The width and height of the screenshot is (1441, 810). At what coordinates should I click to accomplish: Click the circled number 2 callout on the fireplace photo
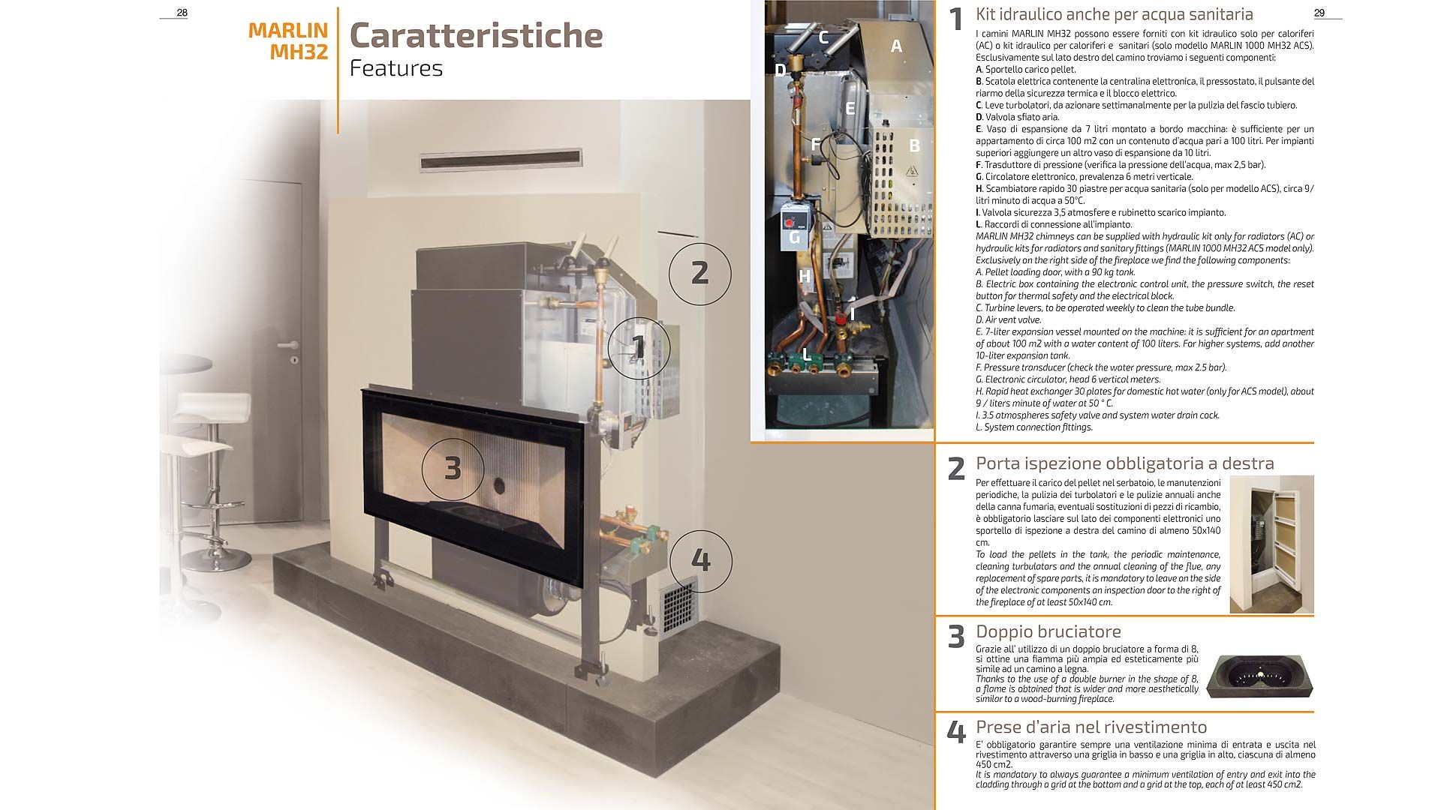point(699,272)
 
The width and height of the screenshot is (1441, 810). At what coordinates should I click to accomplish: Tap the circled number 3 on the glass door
point(453,468)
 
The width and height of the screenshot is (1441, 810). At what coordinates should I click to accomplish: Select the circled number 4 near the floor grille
point(699,560)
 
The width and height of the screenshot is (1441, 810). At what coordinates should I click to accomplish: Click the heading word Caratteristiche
point(477,35)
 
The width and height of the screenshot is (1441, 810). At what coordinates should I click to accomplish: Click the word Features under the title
point(396,68)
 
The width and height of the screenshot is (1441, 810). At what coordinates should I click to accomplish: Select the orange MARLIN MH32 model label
point(288,41)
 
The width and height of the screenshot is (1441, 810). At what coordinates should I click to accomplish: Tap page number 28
point(182,13)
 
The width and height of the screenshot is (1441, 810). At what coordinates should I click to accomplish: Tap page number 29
point(1319,13)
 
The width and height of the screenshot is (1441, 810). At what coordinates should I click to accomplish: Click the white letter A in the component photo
point(895,46)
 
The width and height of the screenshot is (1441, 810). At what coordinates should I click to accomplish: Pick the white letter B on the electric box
point(914,145)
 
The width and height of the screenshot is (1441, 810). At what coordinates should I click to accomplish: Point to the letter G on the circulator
point(795,238)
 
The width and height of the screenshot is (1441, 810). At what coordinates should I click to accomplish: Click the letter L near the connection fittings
point(806,354)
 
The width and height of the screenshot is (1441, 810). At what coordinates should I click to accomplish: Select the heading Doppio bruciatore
point(1048,631)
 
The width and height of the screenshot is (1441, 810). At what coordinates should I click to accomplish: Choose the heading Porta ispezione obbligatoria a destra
point(1125,463)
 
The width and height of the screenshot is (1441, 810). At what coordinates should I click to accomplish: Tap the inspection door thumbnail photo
point(1272,544)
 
